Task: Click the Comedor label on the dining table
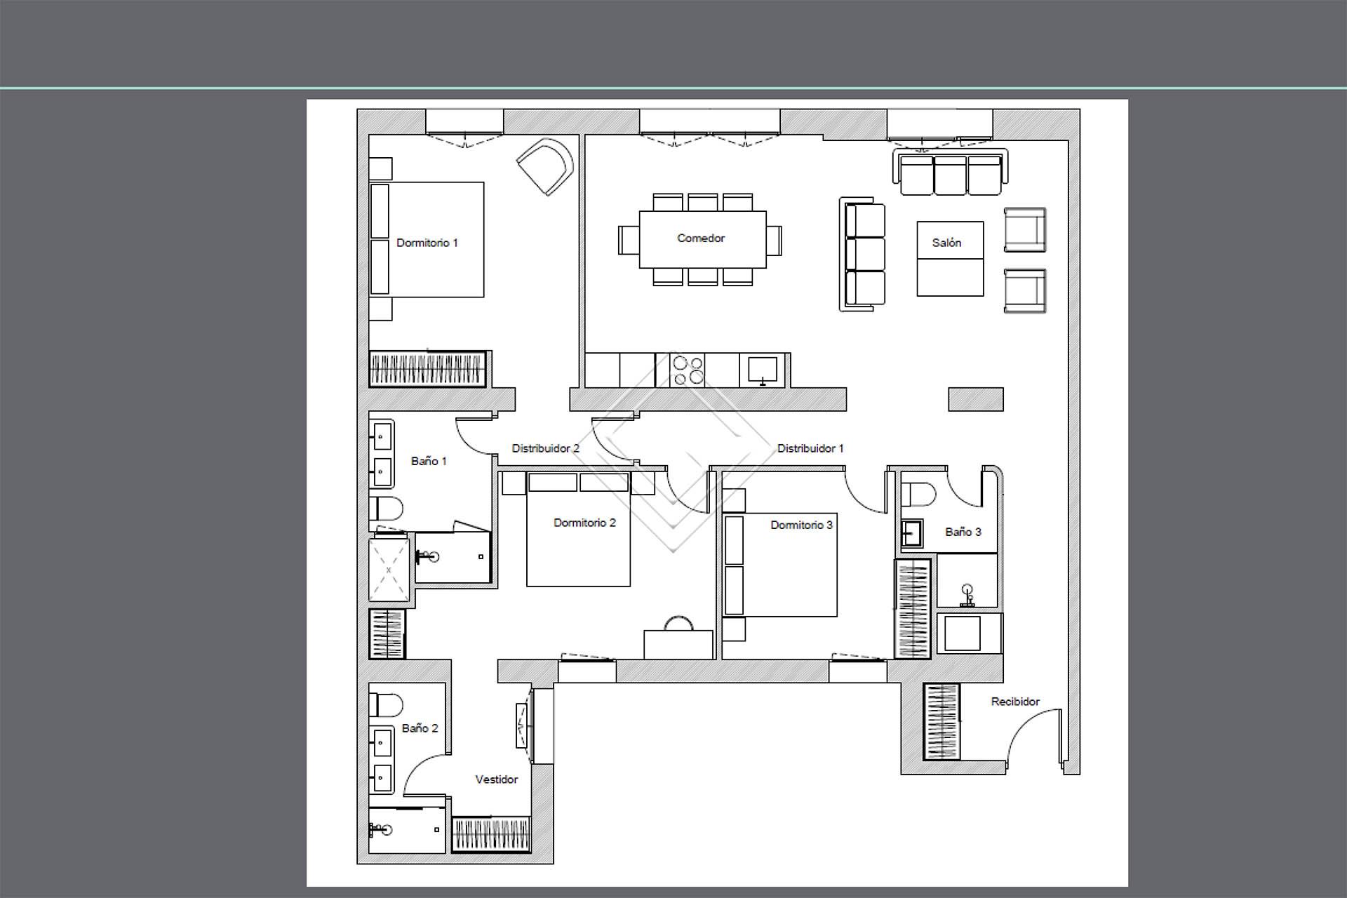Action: [701, 239]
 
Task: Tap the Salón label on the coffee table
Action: [946, 243]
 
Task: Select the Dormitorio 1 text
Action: [427, 243]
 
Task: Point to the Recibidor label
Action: [1015, 702]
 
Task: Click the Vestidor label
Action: [497, 779]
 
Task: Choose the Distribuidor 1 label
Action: [810, 448]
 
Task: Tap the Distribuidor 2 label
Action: [545, 448]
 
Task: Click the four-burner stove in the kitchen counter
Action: [688, 370]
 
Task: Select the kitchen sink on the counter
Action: [763, 370]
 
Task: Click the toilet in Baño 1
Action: [387, 508]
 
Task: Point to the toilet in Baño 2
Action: [387, 704]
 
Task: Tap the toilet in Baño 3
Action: [918, 495]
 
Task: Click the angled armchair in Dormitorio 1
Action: [546, 167]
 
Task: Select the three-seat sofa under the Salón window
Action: [951, 172]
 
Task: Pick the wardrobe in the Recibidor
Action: [941, 721]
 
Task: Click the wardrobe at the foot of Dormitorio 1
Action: [428, 368]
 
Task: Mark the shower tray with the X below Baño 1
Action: [389, 570]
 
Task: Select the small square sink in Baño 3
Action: [912, 533]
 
